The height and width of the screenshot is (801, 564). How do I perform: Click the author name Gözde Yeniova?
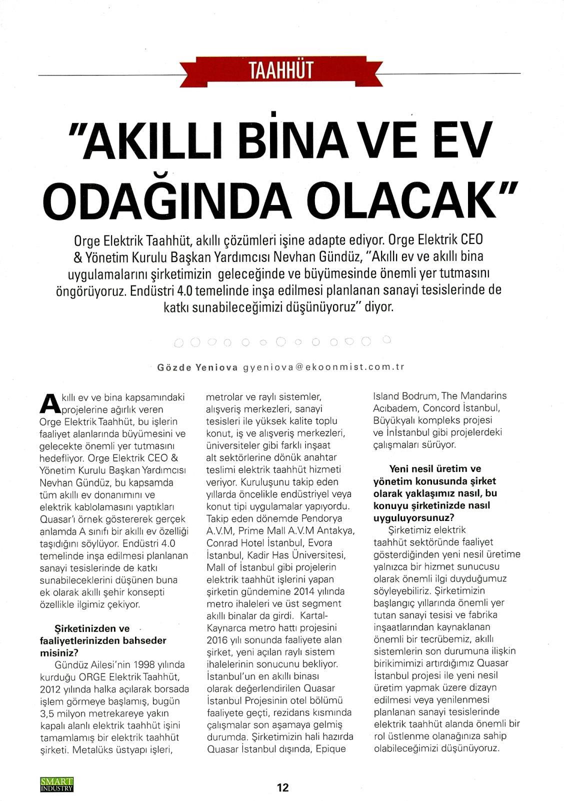pos(197,366)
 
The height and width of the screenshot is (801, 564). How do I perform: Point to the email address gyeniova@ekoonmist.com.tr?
pos(323,366)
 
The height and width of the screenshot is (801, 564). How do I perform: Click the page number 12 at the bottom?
pos(283,787)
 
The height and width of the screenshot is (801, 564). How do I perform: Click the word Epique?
pos(331,749)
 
